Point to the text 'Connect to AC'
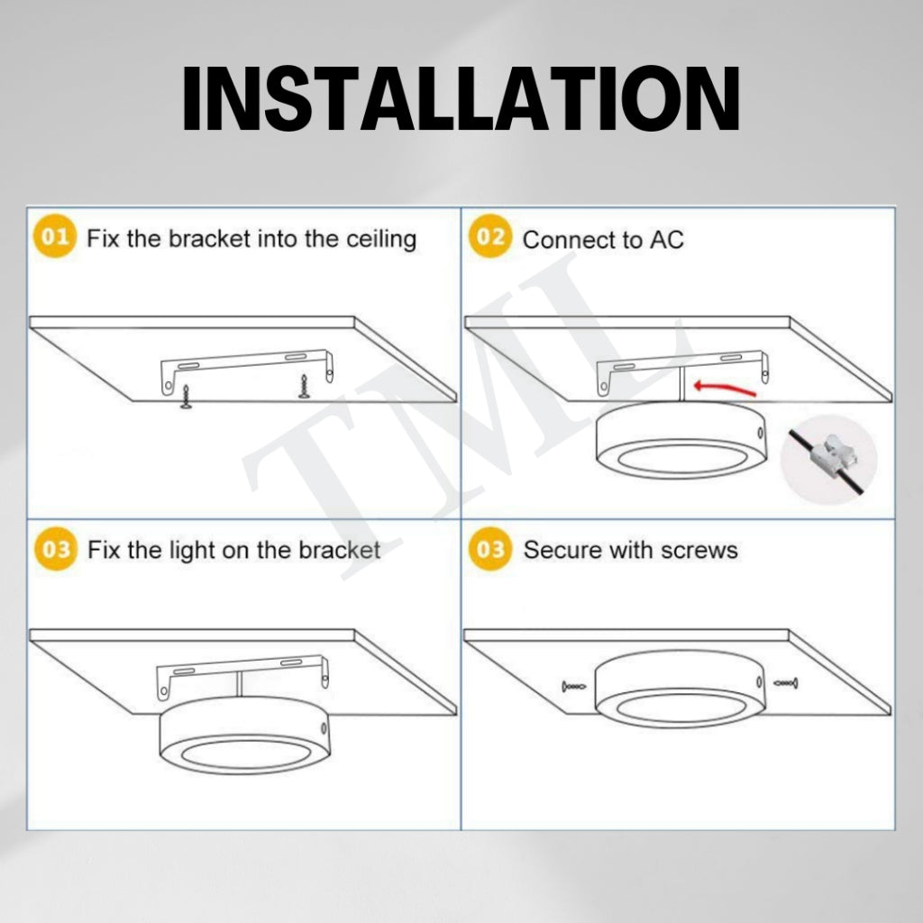click(603, 240)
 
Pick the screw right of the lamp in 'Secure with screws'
click(786, 684)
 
